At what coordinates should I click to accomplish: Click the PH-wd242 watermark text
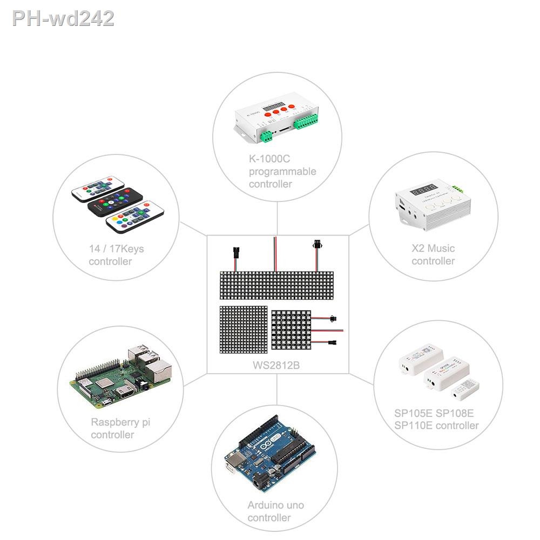pyautogui.click(x=63, y=18)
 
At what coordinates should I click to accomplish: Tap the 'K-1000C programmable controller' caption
pyautogui.click(x=282, y=172)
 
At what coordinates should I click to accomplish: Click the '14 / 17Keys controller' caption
pyautogui.click(x=116, y=255)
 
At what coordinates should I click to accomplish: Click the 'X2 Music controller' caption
pyautogui.click(x=433, y=254)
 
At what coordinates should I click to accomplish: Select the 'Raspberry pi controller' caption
pyautogui.click(x=120, y=428)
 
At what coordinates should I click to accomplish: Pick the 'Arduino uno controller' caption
pyautogui.click(x=275, y=511)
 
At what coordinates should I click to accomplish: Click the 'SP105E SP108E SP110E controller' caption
pyautogui.click(x=436, y=420)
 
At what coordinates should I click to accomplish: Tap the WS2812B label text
pyautogui.click(x=276, y=365)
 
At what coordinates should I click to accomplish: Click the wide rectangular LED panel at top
pyautogui.click(x=276, y=286)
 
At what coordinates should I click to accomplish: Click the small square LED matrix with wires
pyautogui.click(x=292, y=329)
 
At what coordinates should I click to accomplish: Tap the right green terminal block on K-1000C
pyautogui.click(x=307, y=122)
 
